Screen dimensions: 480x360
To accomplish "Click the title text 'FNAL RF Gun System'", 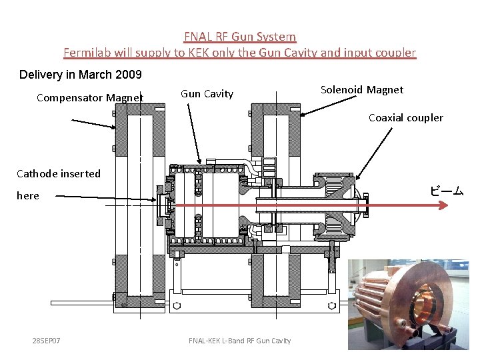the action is pyautogui.click(x=240, y=37).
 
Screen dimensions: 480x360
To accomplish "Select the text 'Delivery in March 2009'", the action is pyautogui.click(x=81, y=74).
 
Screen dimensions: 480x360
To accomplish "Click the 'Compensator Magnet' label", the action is pyautogui.click(x=90, y=98).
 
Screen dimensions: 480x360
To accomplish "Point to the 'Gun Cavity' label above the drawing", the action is pyautogui.click(x=207, y=94).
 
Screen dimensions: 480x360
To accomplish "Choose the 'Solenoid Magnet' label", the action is pyautogui.click(x=362, y=89).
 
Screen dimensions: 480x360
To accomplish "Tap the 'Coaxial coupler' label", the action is pyautogui.click(x=406, y=118).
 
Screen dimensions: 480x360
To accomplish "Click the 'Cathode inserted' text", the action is pyautogui.click(x=59, y=174).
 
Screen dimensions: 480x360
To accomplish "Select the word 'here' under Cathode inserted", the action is pyautogui.click(x=28, y=196).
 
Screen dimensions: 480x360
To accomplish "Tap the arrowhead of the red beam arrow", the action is pyautogui.click(x=445, y=206).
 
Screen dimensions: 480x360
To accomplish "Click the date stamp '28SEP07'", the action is pyautogui.click(x=47, y=341).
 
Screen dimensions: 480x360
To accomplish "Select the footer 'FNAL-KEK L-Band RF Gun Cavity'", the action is pyautogui.click(x=240, y=341).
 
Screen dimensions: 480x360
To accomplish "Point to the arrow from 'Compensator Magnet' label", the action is pyautogui.click(x=93, y=123).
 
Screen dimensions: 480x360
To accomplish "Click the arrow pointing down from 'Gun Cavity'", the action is pyautogui.click(x=194, y=133).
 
